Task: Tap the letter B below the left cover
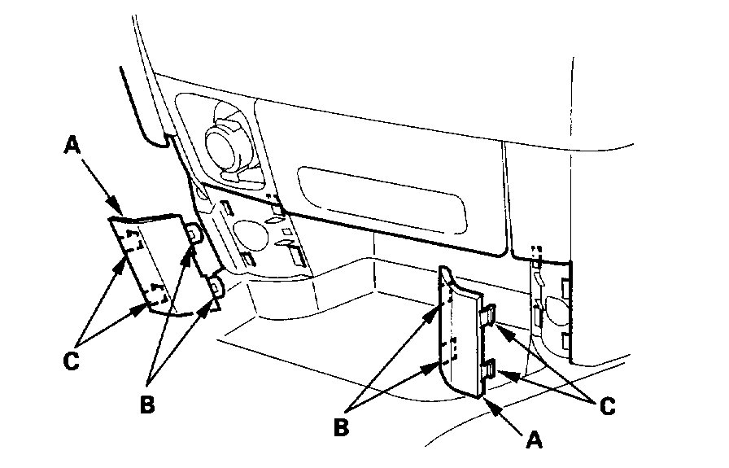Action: (x=146, y=405)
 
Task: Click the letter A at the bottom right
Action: (x=534, y=439)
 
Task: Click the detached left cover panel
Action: (x=159, y=262)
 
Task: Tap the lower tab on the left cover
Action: (x=216, y=286)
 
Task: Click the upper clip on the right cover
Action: (x=488, y=314)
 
